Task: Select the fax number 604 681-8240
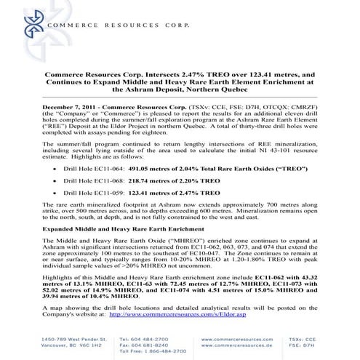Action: (x=162, y=345)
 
